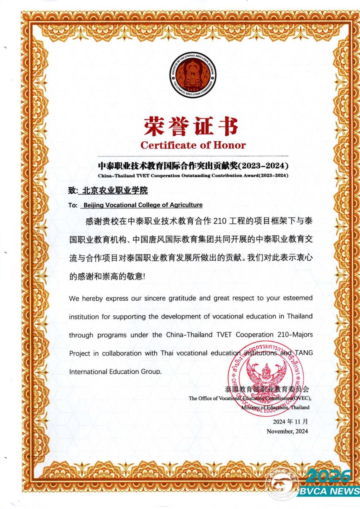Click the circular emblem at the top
tap(192, 76)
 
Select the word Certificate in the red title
tap(168, 145)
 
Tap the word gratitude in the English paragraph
tap(182, 298)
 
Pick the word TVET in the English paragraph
tap(224, 335)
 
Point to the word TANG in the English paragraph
tap(304, 353)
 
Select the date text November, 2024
tap(287, 431)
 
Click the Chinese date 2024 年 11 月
tap(290, 421)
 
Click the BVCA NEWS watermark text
tap(329, 491)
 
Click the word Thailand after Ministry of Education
tap(300, 408)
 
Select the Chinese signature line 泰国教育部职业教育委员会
tap(267, 389)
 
